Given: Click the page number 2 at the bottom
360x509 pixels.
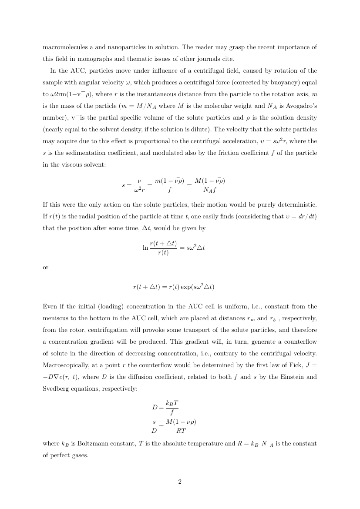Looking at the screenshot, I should [180, 482].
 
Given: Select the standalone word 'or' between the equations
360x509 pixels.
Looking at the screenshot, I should [46, 267].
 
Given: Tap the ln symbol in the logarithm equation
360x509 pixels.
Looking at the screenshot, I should [145, 248].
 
